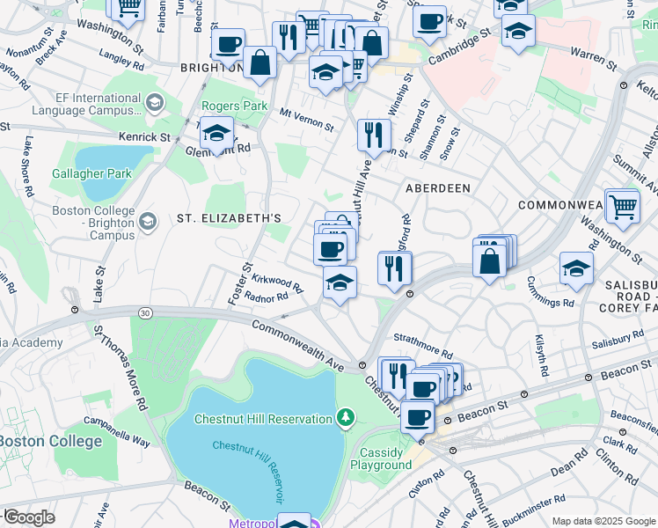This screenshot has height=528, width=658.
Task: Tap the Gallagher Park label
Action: (91, 173)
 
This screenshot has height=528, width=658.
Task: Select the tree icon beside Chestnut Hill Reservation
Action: (347, 416)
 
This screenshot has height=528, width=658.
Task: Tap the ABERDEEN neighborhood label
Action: (437, 188)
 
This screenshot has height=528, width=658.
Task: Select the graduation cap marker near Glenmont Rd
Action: (216, 134)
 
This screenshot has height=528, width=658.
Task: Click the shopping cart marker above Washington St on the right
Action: (623, 207)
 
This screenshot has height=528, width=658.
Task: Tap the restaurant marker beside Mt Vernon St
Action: (374, 135)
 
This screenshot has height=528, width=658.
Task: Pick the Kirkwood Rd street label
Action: (276, 282)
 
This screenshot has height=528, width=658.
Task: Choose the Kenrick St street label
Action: (146, 137)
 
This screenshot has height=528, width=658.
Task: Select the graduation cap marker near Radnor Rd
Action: (340, 283)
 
